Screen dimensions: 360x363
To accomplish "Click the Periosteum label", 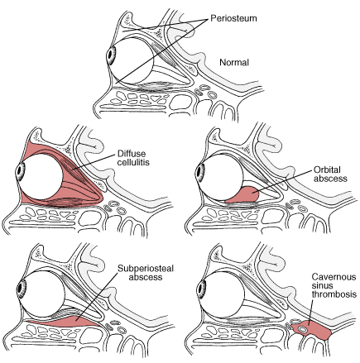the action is click(x=233, y=18).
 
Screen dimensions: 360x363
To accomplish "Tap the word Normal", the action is click(x=234, y=63).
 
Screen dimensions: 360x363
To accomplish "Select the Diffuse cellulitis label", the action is click(x=133, y=158).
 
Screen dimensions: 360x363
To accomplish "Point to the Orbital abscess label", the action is click(x=330, y=174).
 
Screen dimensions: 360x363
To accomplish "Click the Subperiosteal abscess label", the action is click(x=146, y=273).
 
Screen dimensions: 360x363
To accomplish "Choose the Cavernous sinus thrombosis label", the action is click(x=334, y=285).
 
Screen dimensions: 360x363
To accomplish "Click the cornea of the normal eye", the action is click(x=111, y=56).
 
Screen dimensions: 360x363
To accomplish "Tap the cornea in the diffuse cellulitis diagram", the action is click(x=20, y=171).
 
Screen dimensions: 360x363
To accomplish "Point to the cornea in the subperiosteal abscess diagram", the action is click(x=22, y=288).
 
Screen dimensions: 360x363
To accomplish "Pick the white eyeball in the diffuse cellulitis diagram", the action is click(x=41, y=177).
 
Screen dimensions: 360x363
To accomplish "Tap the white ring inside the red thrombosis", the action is click(x=303, y=329).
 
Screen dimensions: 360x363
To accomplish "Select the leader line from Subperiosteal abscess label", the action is click(x=98, y=294).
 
